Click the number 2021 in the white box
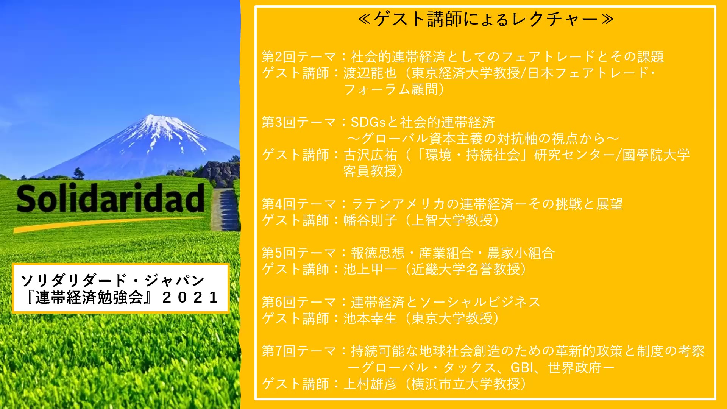pos(190,297)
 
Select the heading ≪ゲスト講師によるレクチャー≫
pos(486,19)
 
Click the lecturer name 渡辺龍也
pos(370,73)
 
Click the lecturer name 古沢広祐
pos(370,155)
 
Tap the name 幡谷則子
pos(370,220)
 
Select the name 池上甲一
pos(370,269)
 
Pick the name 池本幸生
pos(370,318)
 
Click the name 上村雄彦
pos(370,384)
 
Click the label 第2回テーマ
pos(299,57)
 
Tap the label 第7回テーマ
pos(299,351)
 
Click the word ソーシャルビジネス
pos(480,302)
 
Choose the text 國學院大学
pos(656,155)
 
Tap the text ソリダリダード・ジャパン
pos(113,281)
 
